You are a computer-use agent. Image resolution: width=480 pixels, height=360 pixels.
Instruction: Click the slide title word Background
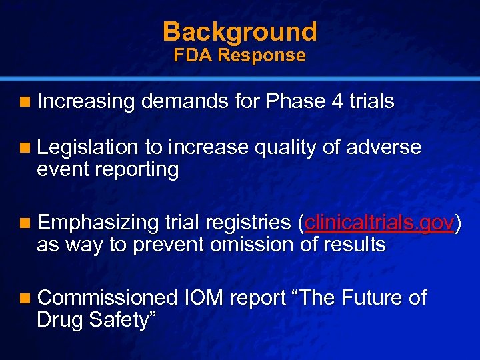(240, 31)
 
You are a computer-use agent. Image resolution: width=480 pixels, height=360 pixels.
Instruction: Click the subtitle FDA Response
(240, 55)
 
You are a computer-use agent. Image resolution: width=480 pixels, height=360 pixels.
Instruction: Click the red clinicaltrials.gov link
(380, 222)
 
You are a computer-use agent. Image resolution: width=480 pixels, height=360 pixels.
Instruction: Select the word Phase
(291, 102)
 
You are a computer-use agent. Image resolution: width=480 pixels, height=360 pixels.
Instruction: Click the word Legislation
(87, 147)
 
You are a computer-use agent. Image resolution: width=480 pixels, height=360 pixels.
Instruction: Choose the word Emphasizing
(97, 222)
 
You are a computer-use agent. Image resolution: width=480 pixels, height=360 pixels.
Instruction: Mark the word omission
(251, 245)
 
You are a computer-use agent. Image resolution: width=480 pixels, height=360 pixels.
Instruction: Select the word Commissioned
(107, 298)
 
